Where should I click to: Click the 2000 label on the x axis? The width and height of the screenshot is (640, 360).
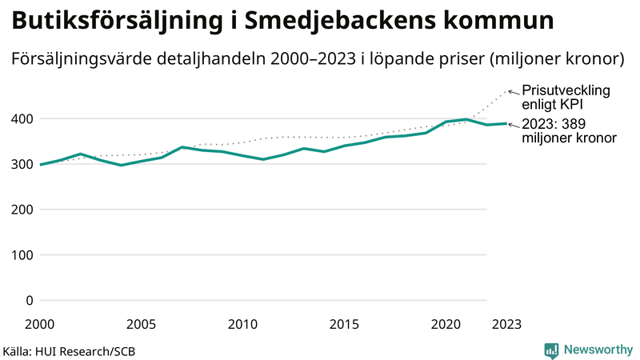[40, 324]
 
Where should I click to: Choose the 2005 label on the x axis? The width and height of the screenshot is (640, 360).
[142, 324]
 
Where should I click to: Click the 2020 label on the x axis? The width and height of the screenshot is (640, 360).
[446, 324]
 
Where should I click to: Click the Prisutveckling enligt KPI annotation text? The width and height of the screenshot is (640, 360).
[566, 98]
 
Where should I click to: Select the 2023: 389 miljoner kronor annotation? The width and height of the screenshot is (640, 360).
[569, 131]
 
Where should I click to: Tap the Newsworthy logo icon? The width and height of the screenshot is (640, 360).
[551, 350]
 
